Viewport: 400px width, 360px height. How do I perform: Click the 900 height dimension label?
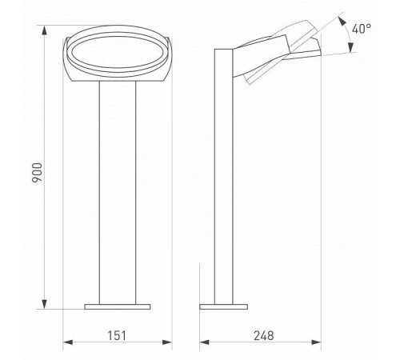coord(37,173)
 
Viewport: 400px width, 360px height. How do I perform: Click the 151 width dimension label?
coord(117,335)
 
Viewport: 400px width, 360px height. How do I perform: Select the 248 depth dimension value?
coord(264,335)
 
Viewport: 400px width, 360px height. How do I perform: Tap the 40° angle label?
coord(362,29)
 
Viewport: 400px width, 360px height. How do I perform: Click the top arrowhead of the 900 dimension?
coord(45,30)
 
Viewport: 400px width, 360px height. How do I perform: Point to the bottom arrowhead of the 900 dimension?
coord(45,304)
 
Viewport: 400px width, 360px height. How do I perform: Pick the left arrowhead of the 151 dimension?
coord(68,342)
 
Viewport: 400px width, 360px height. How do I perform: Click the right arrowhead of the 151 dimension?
coord(167,342)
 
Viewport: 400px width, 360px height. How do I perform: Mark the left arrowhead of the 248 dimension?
coord(205,342)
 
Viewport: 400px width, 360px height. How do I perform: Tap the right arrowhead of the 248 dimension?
coord(316,342)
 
